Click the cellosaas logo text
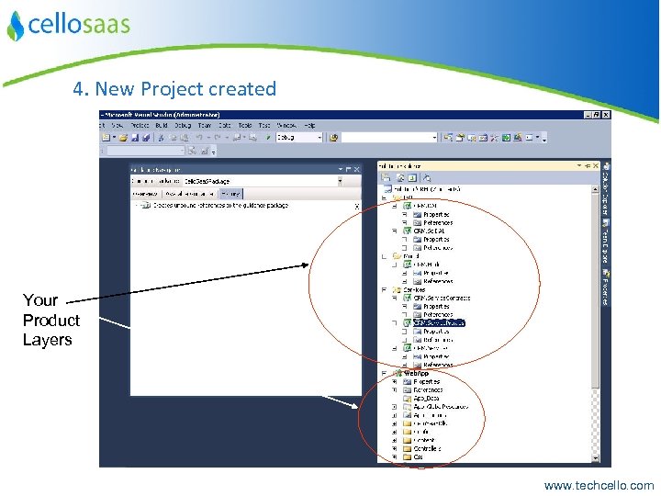click(78, 25)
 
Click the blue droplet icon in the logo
click(15, 27)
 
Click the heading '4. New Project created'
click(174, 89)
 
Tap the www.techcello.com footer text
click(599, 485)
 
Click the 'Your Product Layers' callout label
click(50, 320)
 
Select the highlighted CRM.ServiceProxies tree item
click(439, 323)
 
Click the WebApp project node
click(417, 373)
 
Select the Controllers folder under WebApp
click(427, 448)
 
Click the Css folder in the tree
click(418, 457)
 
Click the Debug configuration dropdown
click(299, 137)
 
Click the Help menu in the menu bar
click(309, 125)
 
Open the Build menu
click(162, 125)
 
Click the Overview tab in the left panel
click(145, 194)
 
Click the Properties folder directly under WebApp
click(426, 381)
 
